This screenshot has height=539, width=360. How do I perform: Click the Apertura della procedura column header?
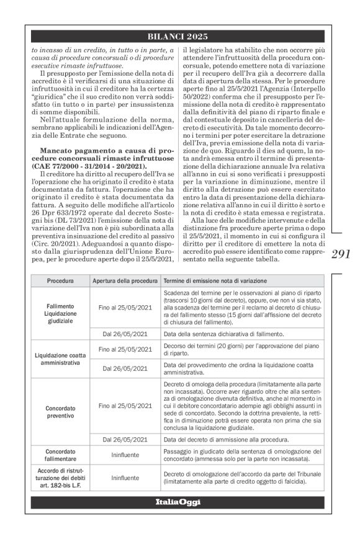[125, 280]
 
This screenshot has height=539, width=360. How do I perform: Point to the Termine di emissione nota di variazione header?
[215, 280]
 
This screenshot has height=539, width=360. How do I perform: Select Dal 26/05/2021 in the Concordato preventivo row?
[125, 447]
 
